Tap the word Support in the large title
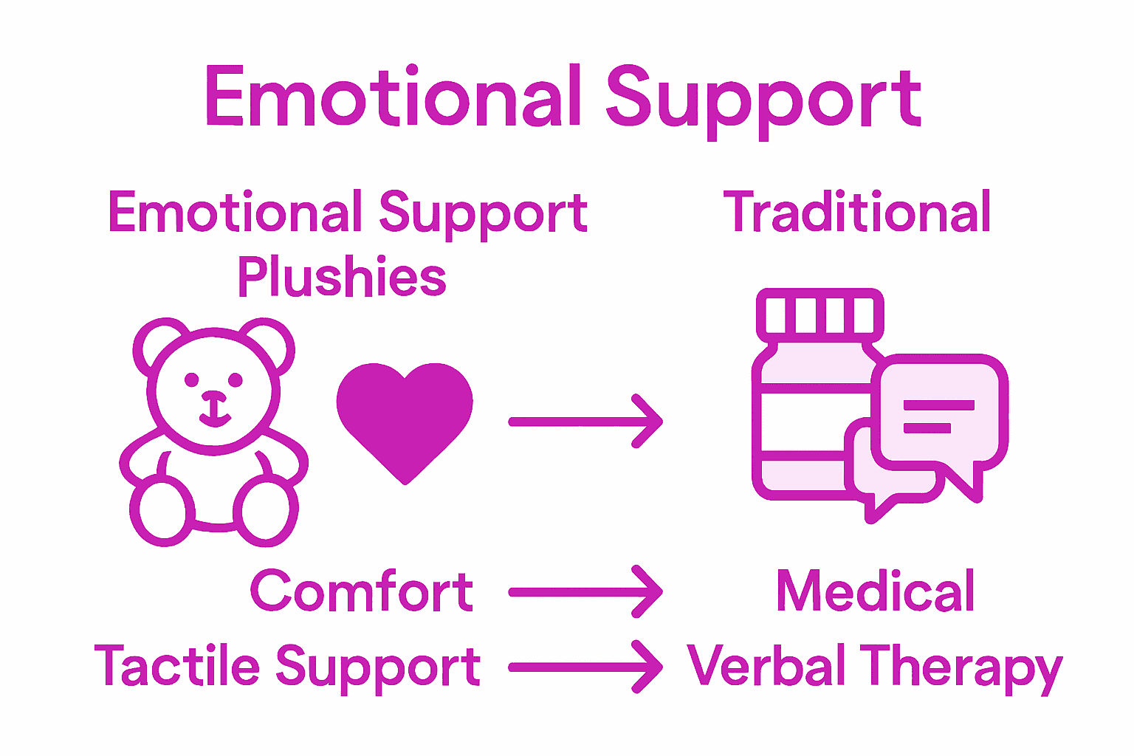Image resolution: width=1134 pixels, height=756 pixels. [x=763, y=100]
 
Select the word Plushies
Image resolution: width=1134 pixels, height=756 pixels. [x=342, y=278]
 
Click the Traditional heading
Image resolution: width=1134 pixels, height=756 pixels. [x=856, y=213]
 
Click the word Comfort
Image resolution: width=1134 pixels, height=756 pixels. [x=361, y=592]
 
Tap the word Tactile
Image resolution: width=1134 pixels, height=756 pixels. [x=177, y=666]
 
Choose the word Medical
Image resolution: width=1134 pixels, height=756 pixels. [x=876, y=592]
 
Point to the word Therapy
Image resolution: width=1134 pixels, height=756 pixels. [x=964, y=669]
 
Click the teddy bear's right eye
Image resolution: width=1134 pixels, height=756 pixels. [x=236, y=380]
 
